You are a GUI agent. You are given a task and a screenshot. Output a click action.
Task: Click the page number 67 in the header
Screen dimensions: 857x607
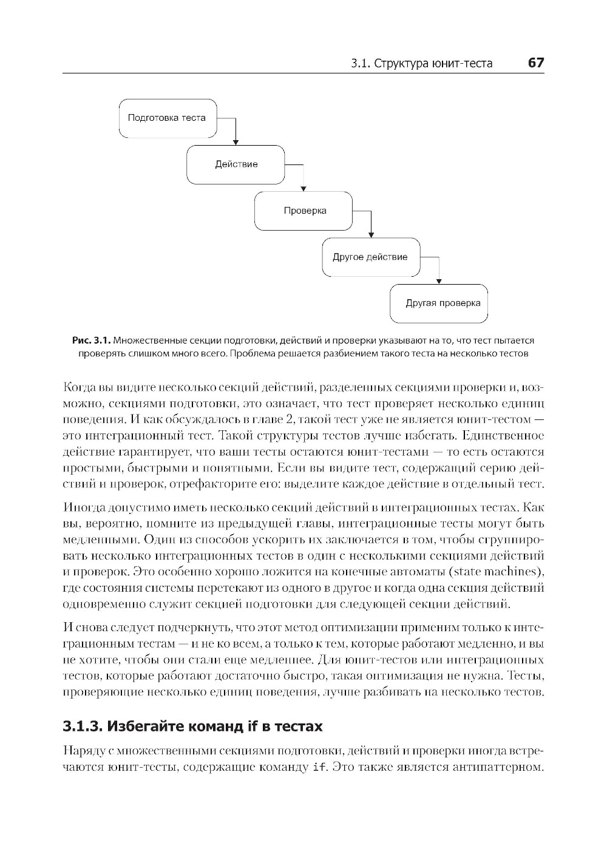[x=536, y=63]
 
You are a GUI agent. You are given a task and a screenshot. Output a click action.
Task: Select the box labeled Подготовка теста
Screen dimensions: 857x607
[x=168, y=118]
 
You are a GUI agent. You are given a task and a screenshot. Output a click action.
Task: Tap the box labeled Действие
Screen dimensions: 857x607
[x=236, y=164]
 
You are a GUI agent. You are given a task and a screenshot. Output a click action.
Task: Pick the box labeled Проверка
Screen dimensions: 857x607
[x=303, y=211]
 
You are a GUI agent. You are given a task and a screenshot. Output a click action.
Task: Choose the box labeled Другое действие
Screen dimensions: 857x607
[x=371, y=257]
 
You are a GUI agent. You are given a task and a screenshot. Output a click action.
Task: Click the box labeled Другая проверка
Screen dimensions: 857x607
[x=439, y=303]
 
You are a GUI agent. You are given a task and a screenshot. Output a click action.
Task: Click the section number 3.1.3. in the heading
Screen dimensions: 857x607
[x=84, y=726]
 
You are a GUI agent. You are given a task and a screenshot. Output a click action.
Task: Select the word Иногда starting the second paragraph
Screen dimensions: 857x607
[x=81, y=507]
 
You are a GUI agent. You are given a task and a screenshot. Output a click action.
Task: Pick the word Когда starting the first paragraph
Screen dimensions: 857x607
[x=80, y=387]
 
